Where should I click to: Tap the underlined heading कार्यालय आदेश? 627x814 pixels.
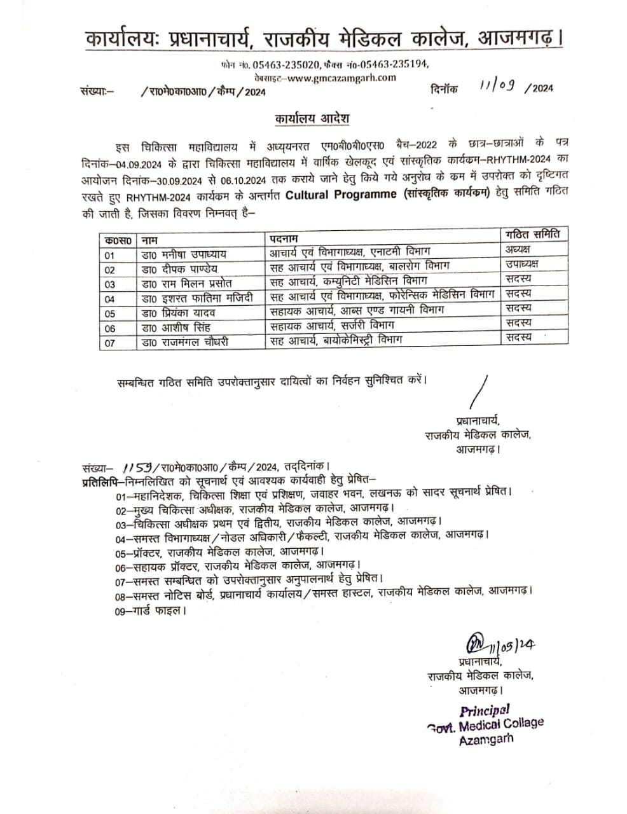pos(312,120)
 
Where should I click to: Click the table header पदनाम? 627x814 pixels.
pos(284,238)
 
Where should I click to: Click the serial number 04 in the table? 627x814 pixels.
pos(110,299)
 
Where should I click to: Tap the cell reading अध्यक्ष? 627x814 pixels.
pos(518,249)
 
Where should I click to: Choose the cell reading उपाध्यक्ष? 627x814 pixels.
pos(521,264)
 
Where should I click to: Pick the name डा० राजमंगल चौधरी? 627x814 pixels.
pos(184,342)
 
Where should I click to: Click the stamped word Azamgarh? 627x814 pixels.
pos(486,739)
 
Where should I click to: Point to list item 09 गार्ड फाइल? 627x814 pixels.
pos(151,610)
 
